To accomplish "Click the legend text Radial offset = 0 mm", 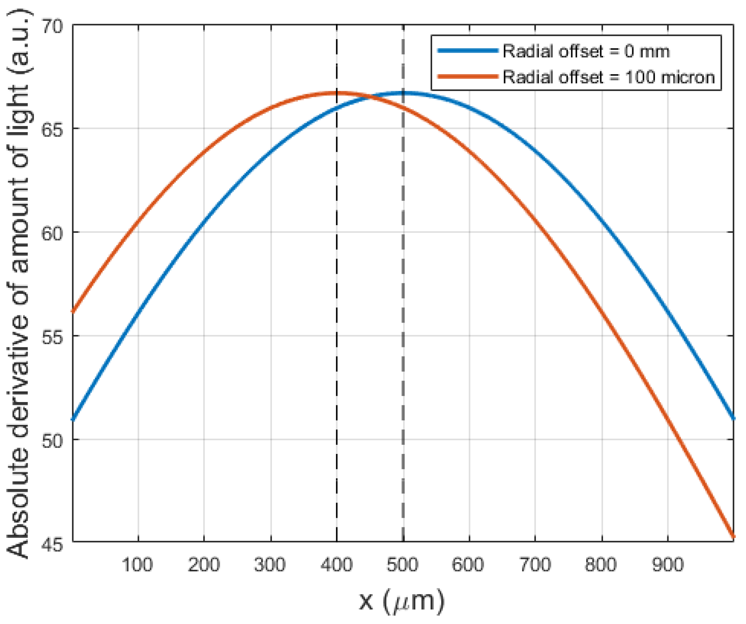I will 586,52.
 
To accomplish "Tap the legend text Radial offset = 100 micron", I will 608,77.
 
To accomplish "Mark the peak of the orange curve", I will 337,93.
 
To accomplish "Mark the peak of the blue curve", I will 403,93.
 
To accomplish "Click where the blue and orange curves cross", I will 370,97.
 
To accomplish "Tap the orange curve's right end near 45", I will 732,537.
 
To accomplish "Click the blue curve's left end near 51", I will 73,419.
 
